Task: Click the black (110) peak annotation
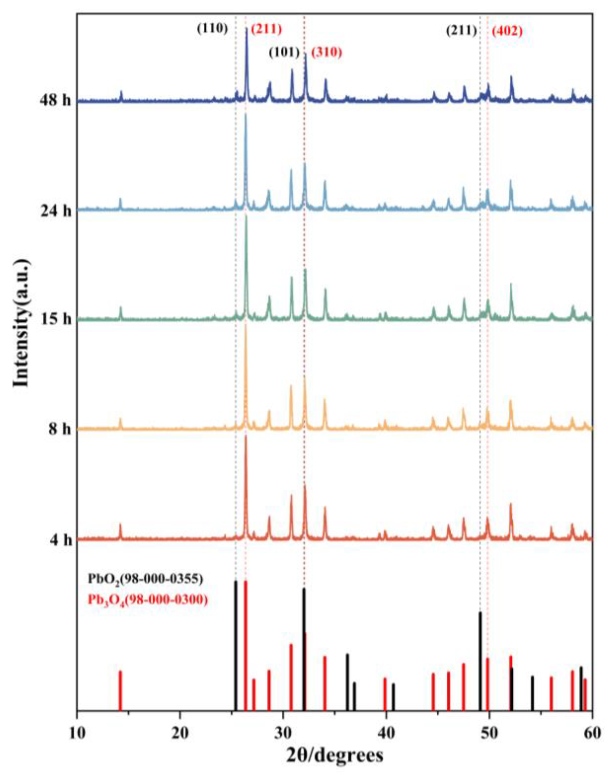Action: [212, 29]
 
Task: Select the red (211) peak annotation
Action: [266, 29]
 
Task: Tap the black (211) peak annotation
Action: [461, 32]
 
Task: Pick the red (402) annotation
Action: [507, 32]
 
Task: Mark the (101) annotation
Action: [284, 53]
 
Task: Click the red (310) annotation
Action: [326, 53]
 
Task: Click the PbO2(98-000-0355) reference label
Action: [146, 579]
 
